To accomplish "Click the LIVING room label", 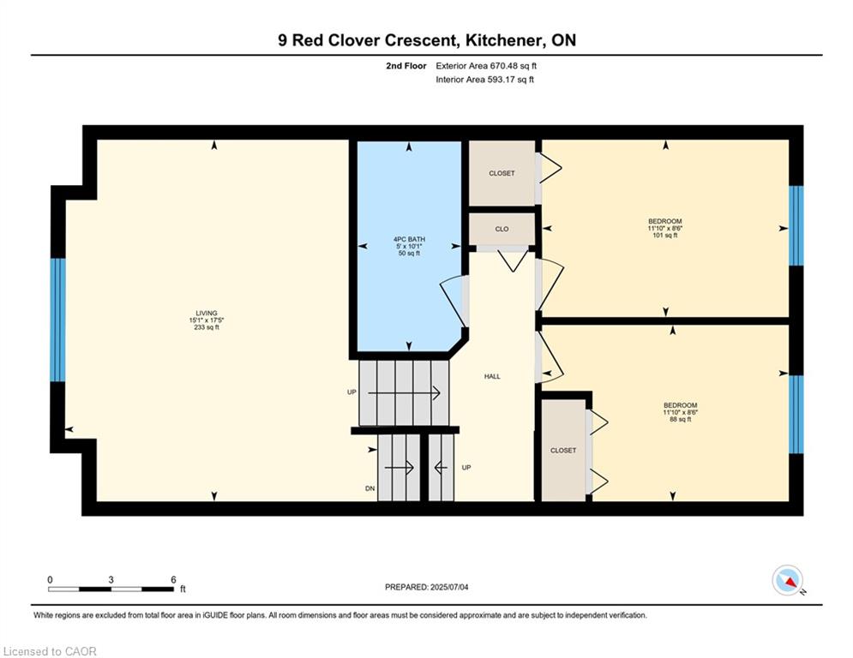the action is (x=207, y=314).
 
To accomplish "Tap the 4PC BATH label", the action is (x=409, y=239).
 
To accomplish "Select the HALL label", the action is (x=492, y=376).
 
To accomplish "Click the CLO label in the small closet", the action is (x=502, y=229).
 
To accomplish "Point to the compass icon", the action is (x=788, y=580).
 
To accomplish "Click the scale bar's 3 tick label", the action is (x=111, y=580).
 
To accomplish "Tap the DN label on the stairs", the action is (x=370, y=488).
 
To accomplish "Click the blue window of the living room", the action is (x=57, y=320).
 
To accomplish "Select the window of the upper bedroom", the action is (x=796, y=225).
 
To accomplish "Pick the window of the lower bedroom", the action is (x=796, y=415).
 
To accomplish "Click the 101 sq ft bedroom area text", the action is (x=664, y=236).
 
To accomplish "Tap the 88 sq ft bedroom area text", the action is (x=680, y=419).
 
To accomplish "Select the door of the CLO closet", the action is (x=513, y=259).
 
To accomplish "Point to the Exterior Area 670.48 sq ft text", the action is (x=486, y=66).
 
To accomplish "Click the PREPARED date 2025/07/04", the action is (x=449, y=587).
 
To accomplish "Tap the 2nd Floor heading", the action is (x=405, y=66).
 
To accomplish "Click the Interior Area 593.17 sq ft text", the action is (x=484, y=80).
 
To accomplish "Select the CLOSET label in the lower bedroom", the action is (x=563, y=451).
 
